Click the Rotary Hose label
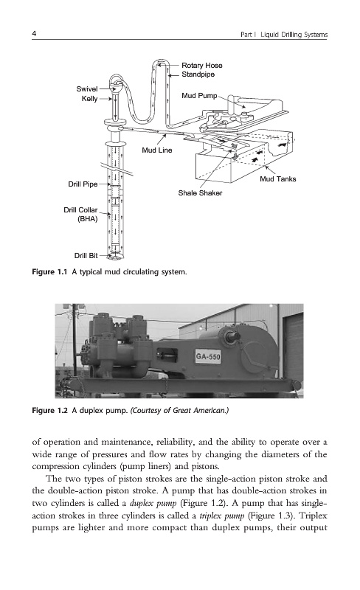(x=202, y=65)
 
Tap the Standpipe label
(x=198, y=74)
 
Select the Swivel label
(x=87, y=88)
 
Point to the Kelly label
(x=89, y=99)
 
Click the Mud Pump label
(x=199, y=96)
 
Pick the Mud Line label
(x=157, y=150)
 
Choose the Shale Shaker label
(x=200, y=192)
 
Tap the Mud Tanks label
(x=278, y=178)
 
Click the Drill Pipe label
(x=83, y=184)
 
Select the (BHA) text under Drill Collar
(x=87, y=219)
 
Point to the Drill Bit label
(x=86, y=255)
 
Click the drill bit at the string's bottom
(x=115, y=257)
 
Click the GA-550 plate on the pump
(x=208, y=356)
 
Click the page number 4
(x=34, y=33)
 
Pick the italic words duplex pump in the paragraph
(x=153, y=503)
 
